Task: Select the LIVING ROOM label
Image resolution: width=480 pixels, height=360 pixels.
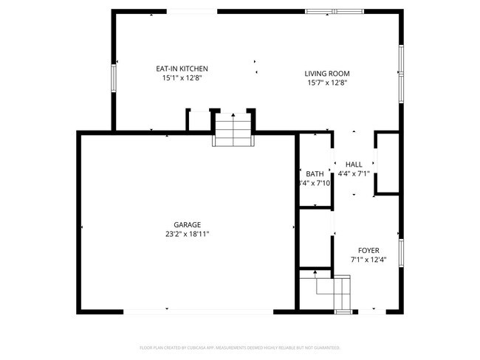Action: [327, 74]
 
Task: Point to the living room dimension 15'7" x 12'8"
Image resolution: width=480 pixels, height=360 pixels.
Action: [327, 83]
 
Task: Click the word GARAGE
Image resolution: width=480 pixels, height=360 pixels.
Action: [188, 225]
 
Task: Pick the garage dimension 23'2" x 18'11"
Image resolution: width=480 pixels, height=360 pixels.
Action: [188, 235]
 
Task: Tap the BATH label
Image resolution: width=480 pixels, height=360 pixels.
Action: [315, 174]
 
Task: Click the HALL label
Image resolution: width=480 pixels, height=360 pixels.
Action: [354, 165]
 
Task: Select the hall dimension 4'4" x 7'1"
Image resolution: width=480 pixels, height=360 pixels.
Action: [354, 174]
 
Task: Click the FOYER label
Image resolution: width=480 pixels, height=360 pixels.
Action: [368, 250]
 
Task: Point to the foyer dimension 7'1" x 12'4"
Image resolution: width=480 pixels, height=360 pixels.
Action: [368, 260]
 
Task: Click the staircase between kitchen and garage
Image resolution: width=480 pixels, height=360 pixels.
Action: [233, 130]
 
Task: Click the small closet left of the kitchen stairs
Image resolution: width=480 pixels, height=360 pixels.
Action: [199, 121]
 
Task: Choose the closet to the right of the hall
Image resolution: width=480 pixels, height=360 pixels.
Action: [388, 164]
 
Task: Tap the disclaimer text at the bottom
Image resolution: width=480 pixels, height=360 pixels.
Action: [240, 347]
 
